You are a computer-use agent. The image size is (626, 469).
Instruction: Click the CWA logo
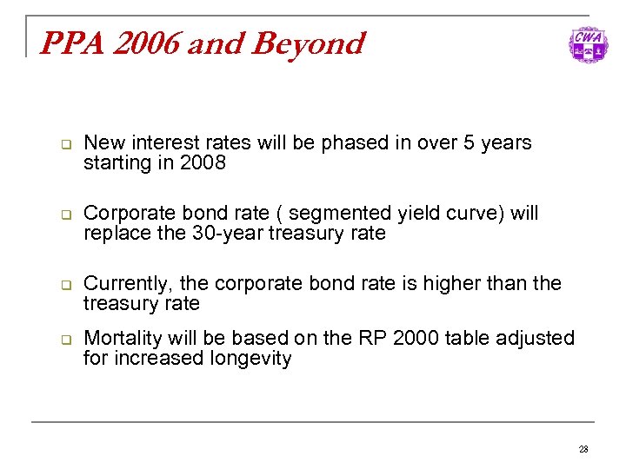tap(589, 44)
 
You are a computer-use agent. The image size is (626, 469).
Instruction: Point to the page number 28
tap(583, 449)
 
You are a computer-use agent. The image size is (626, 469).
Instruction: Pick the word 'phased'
tap(351, 143)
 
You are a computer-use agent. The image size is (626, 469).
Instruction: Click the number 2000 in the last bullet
tap(416, 338)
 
